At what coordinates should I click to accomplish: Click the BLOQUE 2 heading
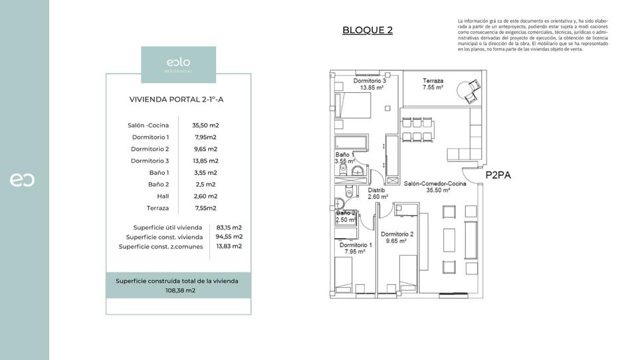click(367, 30)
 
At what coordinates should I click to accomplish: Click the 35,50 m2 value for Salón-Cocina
click(205, 125)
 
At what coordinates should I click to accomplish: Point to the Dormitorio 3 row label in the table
click(150, 161)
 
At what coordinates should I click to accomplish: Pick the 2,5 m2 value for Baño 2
click(205, 185)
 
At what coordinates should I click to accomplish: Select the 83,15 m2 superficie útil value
click(229, 227)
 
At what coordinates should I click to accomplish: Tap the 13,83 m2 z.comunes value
click(229, 246)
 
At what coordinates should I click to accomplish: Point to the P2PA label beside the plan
click(498, 176)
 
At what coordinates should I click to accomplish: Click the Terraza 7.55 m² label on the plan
click(433, 84)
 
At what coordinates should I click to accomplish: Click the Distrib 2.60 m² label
click(377, 193)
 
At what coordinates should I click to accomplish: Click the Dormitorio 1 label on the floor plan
click(356, 248)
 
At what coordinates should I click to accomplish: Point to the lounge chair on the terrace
click(473, 91)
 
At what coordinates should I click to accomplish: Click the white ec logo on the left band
click(23, 180)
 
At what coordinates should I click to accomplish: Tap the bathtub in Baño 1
click(350, 143)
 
